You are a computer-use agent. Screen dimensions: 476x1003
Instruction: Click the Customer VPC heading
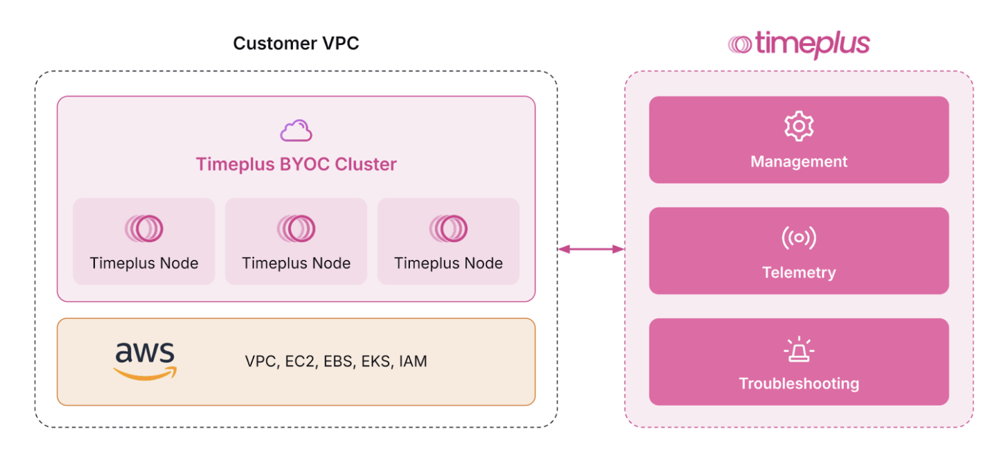point(296,44)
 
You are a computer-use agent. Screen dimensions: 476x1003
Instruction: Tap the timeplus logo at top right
point(798,44)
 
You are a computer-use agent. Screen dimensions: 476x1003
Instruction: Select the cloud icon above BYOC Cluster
point(296,131)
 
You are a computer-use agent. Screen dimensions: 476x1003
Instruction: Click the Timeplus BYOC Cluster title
point(296,165)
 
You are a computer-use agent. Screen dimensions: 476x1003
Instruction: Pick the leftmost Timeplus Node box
point(144,241)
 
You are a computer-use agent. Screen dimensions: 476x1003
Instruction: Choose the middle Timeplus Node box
point(296,241)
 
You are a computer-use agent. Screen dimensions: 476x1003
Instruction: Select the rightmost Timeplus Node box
point(448,241)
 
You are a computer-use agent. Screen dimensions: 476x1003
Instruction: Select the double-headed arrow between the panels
point(590,249)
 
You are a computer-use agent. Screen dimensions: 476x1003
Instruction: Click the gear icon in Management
point(798,126)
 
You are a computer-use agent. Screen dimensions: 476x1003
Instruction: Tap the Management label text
point(798,161)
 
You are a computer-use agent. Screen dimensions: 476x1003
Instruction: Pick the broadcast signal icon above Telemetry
point(798,238)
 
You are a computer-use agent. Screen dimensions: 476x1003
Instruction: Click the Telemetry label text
point(798,272)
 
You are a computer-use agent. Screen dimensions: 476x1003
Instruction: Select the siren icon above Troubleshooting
point(798,350)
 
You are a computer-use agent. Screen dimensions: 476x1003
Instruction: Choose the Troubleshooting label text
point(798,384)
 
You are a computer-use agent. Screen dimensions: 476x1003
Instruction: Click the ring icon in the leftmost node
point(144,229)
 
